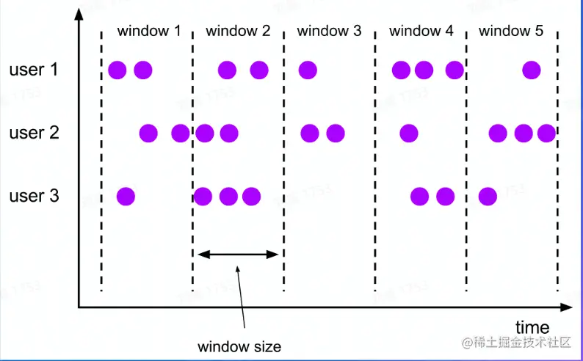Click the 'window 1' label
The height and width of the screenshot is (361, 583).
point(148,32)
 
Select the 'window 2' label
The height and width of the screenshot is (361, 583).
point(238,32)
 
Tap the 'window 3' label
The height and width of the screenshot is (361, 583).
point(329,32)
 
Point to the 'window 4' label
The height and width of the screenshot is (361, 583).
point(421,32)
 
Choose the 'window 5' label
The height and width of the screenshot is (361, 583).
point(511,32)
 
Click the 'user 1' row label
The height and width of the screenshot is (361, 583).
point(33,70)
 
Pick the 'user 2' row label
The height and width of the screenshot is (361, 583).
point(33,134)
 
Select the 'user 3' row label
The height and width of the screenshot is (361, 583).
point(33,197)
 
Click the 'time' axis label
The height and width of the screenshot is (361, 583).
point(532,327)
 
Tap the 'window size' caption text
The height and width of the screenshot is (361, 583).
point(239,346)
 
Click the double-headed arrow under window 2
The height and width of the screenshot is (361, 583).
point(239,255)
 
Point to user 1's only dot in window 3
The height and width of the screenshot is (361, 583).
point(308,70)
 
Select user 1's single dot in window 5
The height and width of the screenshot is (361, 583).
point(532,70)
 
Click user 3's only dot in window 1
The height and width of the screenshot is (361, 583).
point(126,197)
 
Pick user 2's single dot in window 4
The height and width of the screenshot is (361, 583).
point(408,134)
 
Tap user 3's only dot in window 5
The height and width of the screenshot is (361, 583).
point(487,197)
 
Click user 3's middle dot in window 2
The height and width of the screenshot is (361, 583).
point(228,197)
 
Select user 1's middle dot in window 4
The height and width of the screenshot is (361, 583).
point(424,70)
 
